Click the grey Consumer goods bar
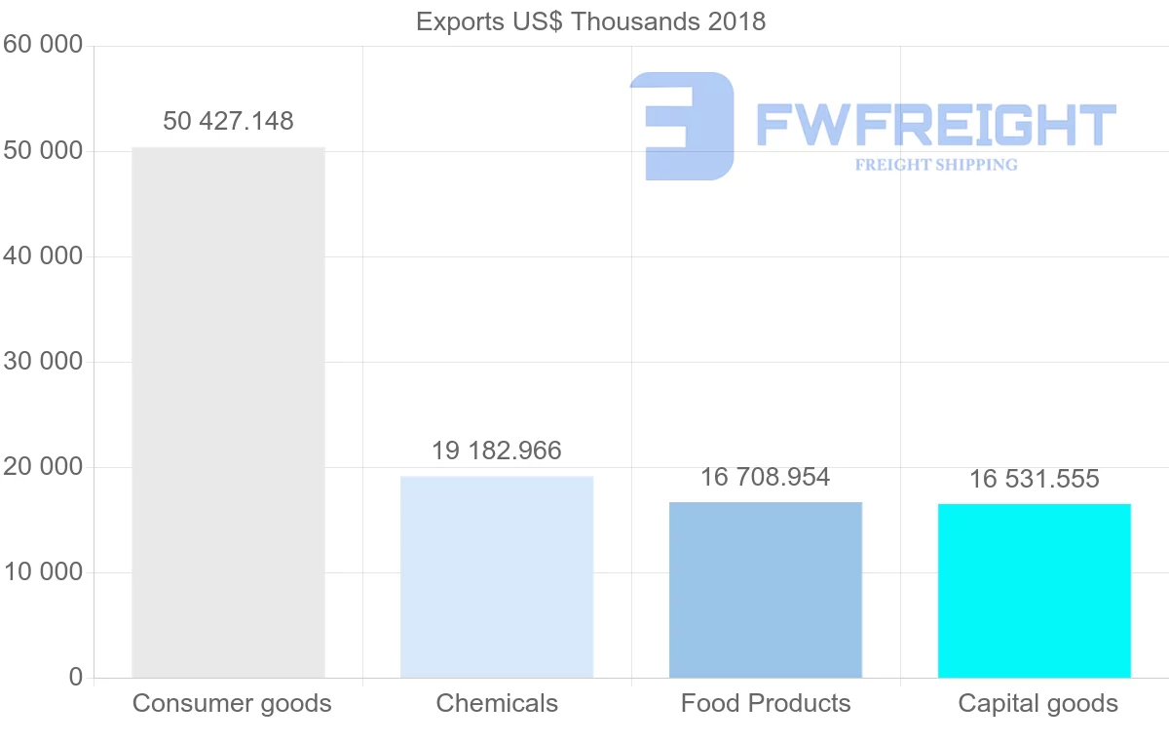(228, 411)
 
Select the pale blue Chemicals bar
(497, 576)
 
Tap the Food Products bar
(766, 589)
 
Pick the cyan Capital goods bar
(1035, 590)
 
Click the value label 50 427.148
(228, 121)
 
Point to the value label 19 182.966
(497, 450)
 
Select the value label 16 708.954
(766, 477)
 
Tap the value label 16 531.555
(1035, 479)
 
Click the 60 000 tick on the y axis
(42, 46)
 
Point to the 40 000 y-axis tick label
(42, 256)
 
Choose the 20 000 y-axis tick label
(42, 467)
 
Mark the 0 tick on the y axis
(76, 678)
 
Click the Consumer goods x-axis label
(232, 703)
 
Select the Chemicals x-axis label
(497, 703)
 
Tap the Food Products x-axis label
(766, 703)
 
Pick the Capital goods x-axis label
(1038, 703)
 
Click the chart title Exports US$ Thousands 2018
(590, 21)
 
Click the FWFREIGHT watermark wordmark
(935, 126)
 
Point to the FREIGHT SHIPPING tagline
(936, 165)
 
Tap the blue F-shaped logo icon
(683, 126)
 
